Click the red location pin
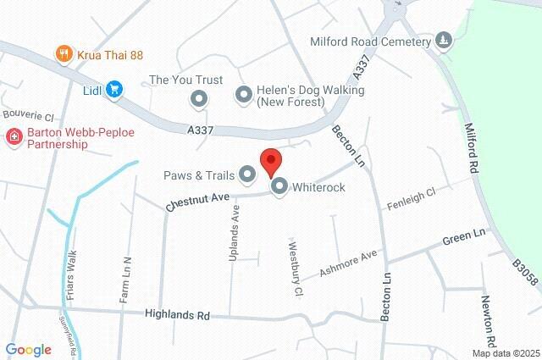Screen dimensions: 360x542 269,160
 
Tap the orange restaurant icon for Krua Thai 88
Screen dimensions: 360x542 64,54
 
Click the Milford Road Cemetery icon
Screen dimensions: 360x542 442,40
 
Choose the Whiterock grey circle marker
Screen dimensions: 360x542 279,186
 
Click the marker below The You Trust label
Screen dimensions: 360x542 199,100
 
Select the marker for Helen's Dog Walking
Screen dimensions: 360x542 243,95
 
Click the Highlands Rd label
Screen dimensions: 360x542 177,313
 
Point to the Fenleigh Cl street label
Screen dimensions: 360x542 411,201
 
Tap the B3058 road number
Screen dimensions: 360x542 523,274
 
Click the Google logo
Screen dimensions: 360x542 28,349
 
